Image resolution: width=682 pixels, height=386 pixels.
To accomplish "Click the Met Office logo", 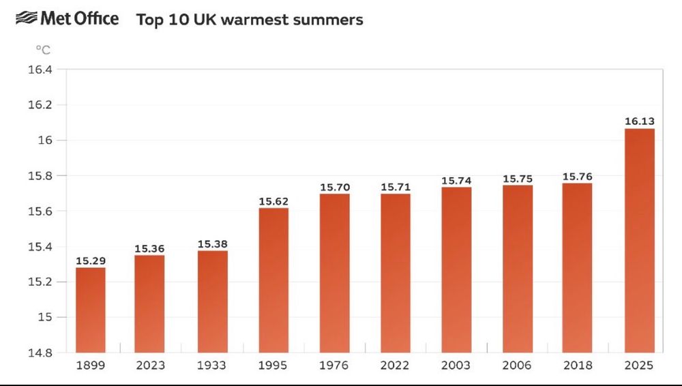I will pyautogui.click(x=67, y=19).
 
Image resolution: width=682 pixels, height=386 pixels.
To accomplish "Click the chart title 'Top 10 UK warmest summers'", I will pyautogui.click(x=250, y=20).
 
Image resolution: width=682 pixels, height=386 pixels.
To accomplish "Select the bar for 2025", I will pyautogui.click(x=639, y=239).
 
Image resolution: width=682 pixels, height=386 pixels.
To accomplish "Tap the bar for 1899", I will pyautogui.click(x=90, y=310).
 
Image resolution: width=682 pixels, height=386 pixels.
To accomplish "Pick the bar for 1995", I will pyautogui.click(x=273, y=280).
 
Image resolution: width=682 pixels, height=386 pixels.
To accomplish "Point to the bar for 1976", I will pyautogui.click(x=334, y=273).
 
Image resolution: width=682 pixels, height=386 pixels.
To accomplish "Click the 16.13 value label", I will pyautogui.click(x=639, y=121).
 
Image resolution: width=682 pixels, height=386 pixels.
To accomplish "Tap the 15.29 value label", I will pyautogui.click(x=90, y=261).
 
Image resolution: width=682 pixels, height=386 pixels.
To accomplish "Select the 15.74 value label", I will pyautogui.click(x=456, y=181).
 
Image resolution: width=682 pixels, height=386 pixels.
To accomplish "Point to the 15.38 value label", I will pyautogui.click(x=212, y=244).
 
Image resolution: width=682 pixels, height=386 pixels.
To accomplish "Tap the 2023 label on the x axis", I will pyautogui.click(x=151, y=366).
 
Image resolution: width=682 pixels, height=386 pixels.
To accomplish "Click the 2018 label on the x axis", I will pyautogui.click(x=578, y=366).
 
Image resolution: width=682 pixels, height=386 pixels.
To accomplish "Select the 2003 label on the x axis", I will pyautogui.click(x=456, y=366).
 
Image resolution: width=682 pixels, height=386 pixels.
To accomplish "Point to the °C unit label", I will pyautogui.click(x=42, y=50).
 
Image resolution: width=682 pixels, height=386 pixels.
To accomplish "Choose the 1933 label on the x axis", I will pyautogui.click(x=212, y=366).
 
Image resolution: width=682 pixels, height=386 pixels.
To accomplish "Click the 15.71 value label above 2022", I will pyautogui.click(x=396, y=187).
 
